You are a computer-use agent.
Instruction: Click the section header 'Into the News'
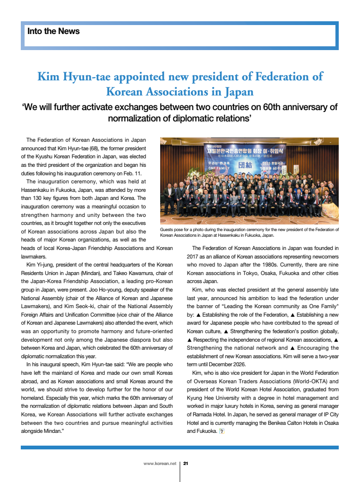pyautogui.click(x=53, y=32)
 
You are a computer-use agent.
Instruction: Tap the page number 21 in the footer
pyautogui.click(x=186, y=464)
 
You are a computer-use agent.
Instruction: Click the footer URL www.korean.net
pyautogui.click(x=160, y=464)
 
